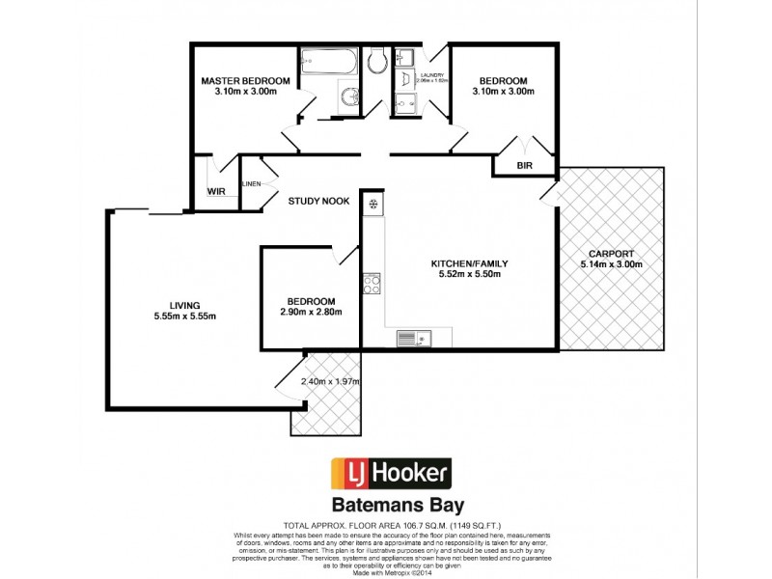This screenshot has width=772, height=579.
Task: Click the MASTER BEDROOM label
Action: (x=245, y=80)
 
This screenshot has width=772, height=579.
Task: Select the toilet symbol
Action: (x=377, y=62)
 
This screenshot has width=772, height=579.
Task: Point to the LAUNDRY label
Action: (x=430, y=73)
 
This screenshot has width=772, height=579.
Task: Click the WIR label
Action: (x=216, y=191)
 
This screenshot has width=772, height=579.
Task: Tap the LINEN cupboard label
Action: (x=251, y=182)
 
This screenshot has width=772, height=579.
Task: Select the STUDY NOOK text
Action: (x=317, y=201)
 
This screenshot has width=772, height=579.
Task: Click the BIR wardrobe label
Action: (x=525, y=166)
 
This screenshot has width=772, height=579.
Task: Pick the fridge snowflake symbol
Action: (x=372, y=204)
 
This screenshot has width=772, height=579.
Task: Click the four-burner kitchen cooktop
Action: (x=372, y=284)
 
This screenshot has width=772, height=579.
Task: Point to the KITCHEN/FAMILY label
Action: (x=469, y=262)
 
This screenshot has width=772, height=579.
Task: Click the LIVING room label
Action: (x=183, y=305)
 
